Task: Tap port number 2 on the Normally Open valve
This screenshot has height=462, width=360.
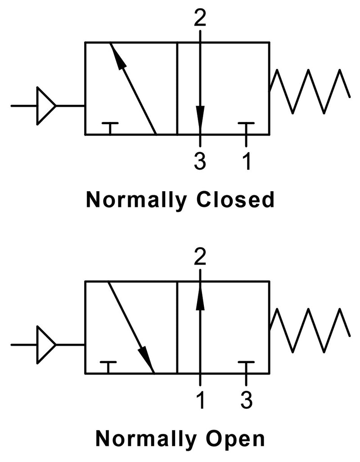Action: click(x=200, y=257)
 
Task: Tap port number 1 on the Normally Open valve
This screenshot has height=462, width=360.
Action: click(x=200, y=401)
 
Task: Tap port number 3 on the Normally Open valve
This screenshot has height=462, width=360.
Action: click(x=246, y=401)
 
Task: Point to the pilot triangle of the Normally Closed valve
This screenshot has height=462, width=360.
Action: click(x=45, y=106)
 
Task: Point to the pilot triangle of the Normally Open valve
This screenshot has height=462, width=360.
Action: click(x=45, y=345)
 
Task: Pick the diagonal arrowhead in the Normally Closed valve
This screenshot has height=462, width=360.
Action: click(x=118, y=56)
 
